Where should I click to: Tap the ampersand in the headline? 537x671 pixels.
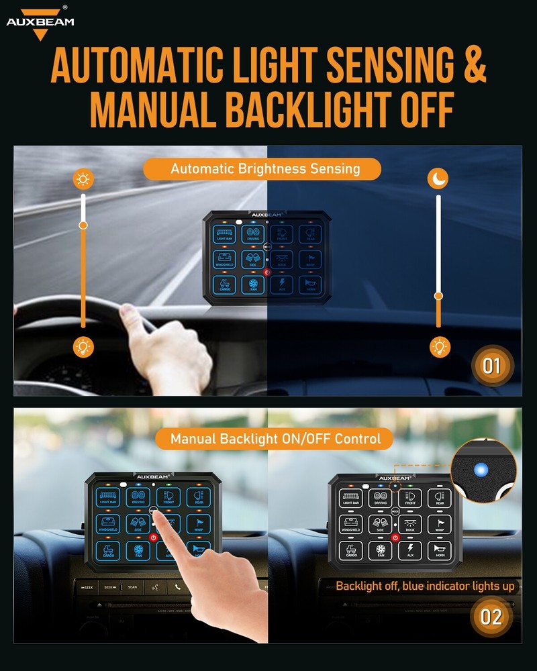(473, 65)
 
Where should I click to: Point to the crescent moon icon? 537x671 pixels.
(439, 179)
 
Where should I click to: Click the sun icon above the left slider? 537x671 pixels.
(83, 179)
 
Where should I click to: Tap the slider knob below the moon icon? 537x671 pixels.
(438, 296)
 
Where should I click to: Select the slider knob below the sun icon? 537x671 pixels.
(83, 225)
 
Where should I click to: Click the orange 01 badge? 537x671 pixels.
(491, 366)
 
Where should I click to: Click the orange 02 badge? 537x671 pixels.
(491, 617)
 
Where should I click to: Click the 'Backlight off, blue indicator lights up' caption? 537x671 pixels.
(426, 586)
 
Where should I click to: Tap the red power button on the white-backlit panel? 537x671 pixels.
(395, 537)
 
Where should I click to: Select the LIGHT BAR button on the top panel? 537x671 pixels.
(224, 235)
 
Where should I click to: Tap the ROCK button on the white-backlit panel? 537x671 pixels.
(410, 524)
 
